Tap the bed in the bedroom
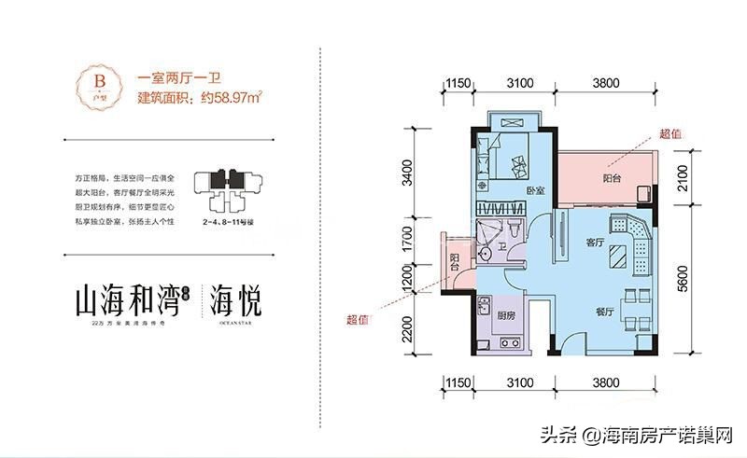click(x=509, y=157)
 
